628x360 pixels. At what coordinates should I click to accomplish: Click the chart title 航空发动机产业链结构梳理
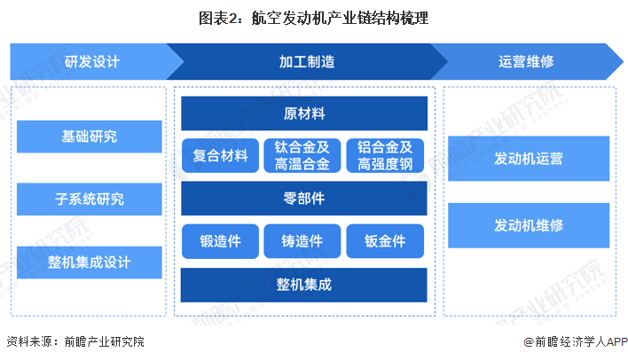coord(314,18)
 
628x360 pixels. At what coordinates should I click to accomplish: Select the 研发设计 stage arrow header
coord(89,62)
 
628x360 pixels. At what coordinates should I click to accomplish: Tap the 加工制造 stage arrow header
coord(306,62)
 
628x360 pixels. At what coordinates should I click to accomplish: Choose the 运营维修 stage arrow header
coord(526,62)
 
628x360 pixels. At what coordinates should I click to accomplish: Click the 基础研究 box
coord(89,137)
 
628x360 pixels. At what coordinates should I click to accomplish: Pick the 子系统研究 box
coord(89,200)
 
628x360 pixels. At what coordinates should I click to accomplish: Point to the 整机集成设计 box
coord(89,262)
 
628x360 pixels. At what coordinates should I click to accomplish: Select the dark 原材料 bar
coord(304,113)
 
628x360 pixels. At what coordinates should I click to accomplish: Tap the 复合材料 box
coord(220,155)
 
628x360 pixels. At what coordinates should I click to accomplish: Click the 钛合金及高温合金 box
coord(302,155)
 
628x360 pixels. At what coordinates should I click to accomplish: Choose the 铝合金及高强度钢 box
coord(385,155)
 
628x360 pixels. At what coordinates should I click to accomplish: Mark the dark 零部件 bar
coord(304,199)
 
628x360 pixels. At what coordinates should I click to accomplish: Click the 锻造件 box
coord(220,240)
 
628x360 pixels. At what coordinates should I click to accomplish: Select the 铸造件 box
coord(302,240)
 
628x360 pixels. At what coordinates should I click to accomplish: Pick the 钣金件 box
coord(385,240)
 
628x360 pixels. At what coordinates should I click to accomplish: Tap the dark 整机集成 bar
coord(304,285)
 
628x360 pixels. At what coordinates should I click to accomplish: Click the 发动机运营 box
coord(529,159)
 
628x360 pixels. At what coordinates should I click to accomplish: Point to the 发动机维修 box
coord(529,225)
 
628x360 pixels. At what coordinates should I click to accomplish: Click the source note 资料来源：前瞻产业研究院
coord(75,341)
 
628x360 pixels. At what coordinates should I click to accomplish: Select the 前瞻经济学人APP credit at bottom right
coord(568,341)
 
